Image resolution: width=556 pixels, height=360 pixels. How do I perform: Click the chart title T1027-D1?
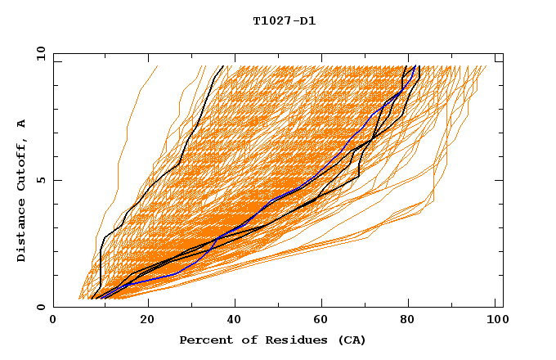(285, 21)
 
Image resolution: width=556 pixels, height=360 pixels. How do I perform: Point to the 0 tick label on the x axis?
(53, 322)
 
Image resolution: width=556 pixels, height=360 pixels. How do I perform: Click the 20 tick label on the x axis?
(147, 322)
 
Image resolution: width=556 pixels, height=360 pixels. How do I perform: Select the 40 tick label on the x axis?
(236, 322)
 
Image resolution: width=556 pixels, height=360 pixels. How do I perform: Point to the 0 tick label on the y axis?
(39, 307)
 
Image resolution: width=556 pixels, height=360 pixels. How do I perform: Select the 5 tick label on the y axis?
(39, 180)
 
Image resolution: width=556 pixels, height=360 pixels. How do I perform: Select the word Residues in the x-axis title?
(286, 340)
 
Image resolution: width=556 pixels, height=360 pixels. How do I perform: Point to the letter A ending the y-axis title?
(22, 124)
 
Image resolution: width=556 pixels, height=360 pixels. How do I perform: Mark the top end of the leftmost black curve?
(222, 66)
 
